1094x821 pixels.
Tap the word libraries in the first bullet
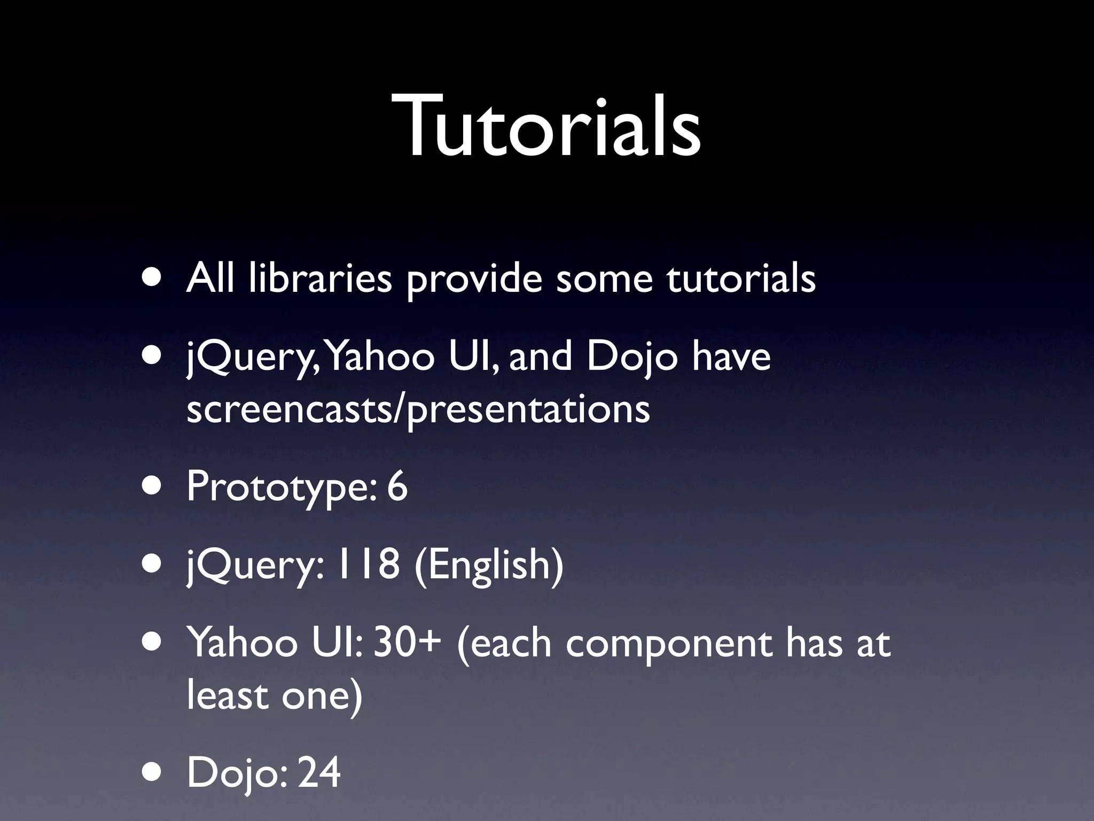[320, 278]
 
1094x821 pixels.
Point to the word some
[604, 278]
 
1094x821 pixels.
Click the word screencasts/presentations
[418, 410]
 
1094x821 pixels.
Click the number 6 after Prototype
[397, 486]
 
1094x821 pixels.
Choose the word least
[227, 695]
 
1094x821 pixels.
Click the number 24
[318, 772]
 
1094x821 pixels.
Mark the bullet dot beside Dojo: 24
[153, 773]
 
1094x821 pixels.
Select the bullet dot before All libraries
[153, 279]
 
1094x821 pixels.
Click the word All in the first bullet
[210, 278]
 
